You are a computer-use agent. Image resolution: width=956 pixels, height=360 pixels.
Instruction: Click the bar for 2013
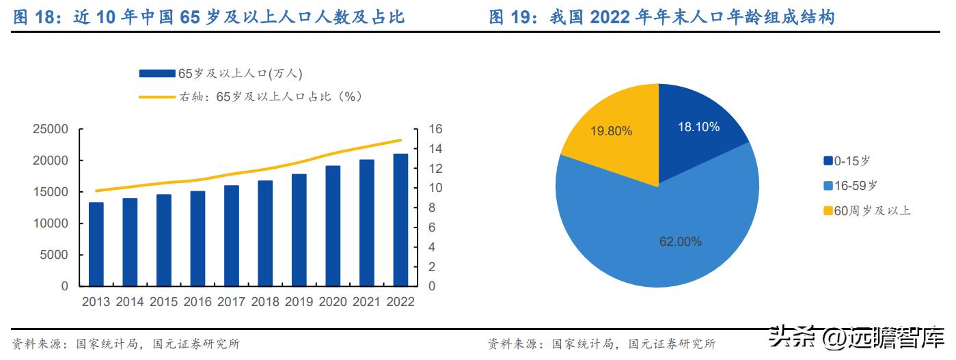(96, 244)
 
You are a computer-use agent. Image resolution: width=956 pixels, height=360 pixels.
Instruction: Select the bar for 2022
(400, 219)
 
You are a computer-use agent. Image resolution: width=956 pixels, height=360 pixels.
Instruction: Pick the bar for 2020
(333, 225)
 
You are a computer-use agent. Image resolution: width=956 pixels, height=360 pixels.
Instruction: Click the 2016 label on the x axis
(197, 302)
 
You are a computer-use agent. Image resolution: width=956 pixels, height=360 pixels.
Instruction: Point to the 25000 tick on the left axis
(51, 130)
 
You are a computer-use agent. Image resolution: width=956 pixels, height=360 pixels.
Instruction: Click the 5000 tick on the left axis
(55, 255)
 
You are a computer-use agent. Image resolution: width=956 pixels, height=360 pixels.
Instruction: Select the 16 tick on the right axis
(436, 130)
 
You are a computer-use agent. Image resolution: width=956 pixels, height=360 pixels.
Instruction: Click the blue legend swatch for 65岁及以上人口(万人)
(157, 74)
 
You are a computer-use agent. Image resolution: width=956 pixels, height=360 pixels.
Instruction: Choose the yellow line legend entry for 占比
(157, 97)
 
